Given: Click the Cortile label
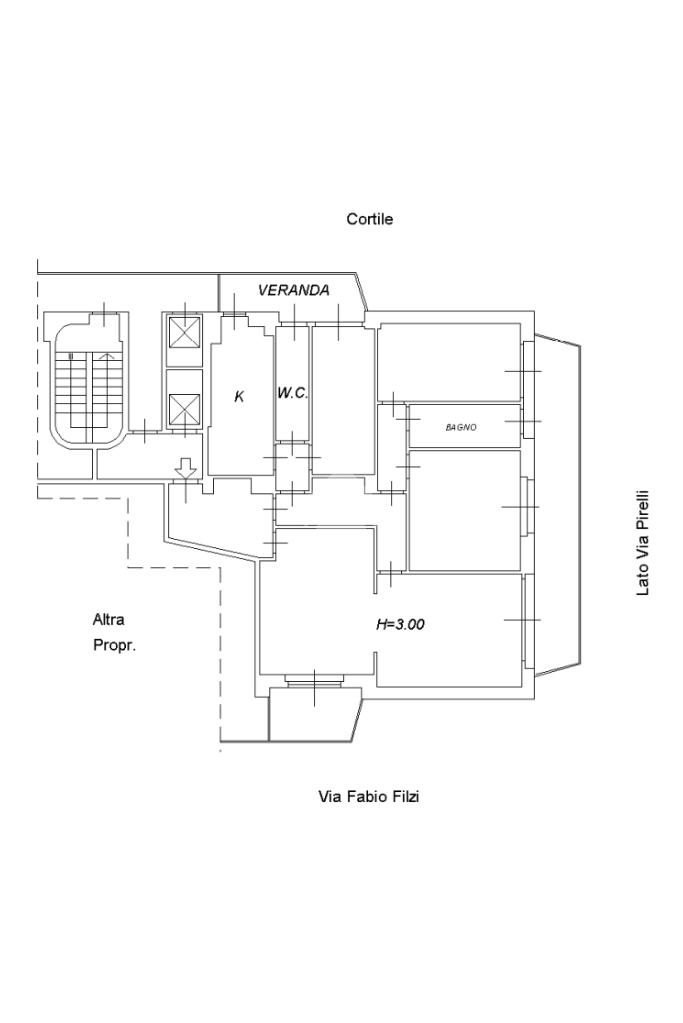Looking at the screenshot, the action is click(369, 219).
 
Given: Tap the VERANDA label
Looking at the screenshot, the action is click(293, 290).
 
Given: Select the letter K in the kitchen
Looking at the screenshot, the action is click(239, 397).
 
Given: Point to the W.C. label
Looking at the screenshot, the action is click(292, 394).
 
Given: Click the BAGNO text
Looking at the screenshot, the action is click(461, 427).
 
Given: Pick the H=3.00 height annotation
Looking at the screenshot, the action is click(400, 624).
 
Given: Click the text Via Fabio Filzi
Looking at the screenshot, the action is click(368, 797).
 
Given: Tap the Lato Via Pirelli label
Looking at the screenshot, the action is click(643, 543).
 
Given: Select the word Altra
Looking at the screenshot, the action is click(109, 619).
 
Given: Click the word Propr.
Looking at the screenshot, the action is click(114, 645).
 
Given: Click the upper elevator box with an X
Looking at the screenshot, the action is click(184, 333).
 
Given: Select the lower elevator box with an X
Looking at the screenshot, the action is click(184, 409).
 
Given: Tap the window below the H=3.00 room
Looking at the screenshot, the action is click(314, 681).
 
